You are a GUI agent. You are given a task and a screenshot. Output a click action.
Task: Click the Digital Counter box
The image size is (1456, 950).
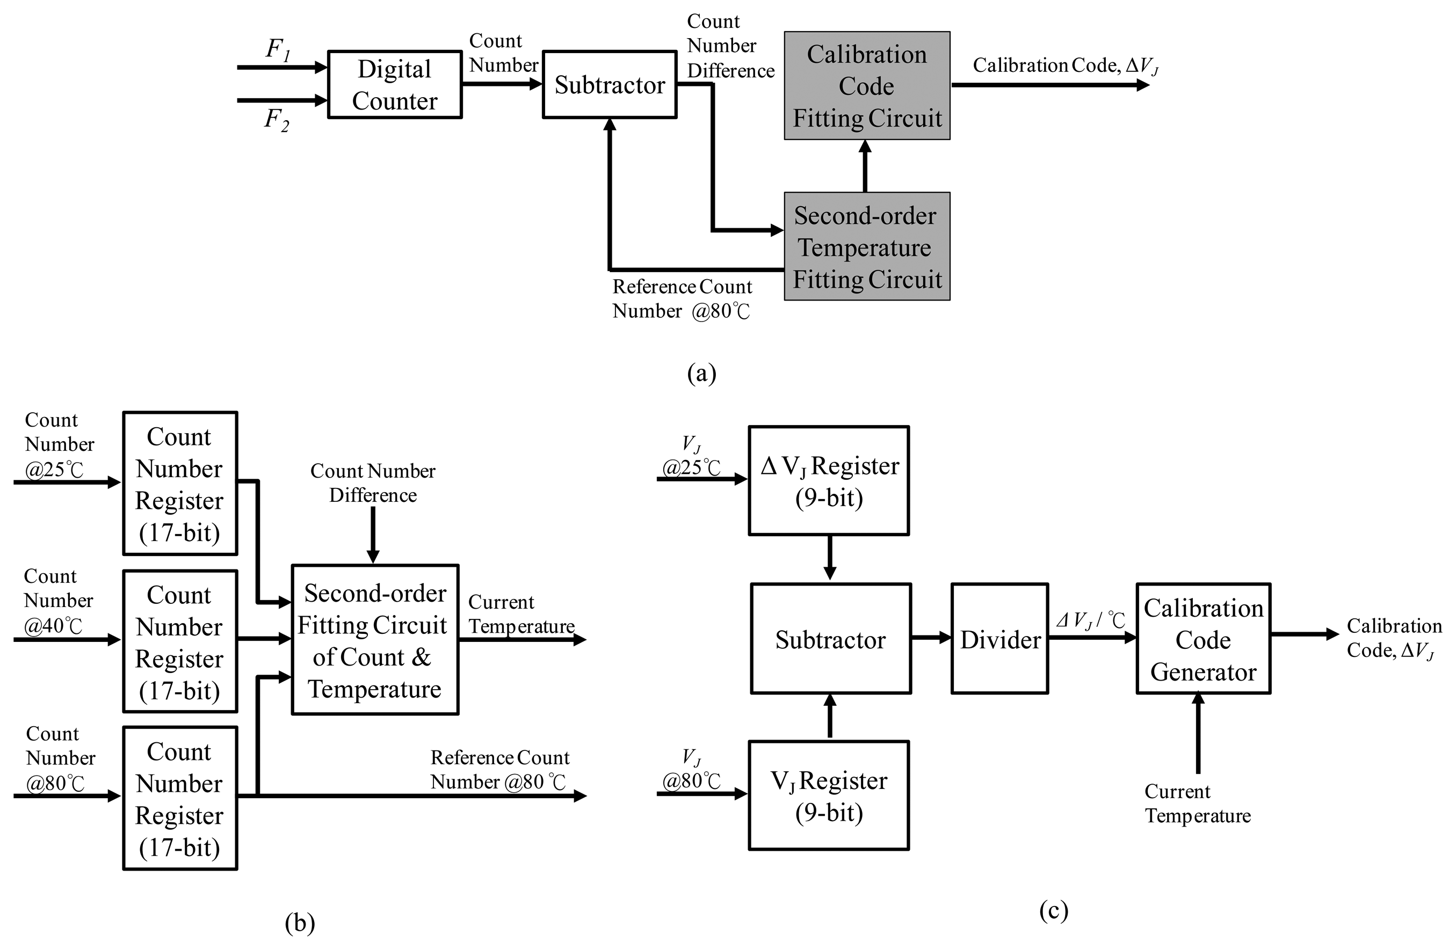[395, 84]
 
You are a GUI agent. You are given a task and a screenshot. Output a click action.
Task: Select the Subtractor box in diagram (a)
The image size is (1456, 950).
[610, 84]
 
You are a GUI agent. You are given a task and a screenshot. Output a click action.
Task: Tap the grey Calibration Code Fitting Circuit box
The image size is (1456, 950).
[867, 85]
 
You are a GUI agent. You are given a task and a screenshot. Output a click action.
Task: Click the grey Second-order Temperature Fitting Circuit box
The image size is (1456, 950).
[867, 246]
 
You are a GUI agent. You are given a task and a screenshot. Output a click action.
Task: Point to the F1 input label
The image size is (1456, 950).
[277, 49]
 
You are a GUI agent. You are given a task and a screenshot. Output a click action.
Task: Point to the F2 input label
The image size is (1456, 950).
[277, 119]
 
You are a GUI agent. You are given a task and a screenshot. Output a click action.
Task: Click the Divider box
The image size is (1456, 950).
[999, 639]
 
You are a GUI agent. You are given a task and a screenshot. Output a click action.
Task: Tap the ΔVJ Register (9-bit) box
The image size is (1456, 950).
[829, 480]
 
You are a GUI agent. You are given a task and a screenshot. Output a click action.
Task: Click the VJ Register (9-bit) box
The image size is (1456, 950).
[829, 795]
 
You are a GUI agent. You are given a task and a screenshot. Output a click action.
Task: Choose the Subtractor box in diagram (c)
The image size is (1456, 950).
[831, 639]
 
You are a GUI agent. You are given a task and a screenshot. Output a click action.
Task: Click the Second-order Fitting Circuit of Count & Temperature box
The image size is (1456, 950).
[375, 639]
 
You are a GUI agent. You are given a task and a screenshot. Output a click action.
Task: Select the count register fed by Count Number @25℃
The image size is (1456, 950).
[180, 484]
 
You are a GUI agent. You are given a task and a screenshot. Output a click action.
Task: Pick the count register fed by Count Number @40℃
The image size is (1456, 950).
[180, 642]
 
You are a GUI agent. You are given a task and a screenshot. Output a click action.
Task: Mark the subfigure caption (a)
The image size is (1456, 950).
[701, 373]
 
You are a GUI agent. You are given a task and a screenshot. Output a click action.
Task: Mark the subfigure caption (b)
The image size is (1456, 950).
[300, 923]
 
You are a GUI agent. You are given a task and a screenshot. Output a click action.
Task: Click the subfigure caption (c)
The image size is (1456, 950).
[1053, 910]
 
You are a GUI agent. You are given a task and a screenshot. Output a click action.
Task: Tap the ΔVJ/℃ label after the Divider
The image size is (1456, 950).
[1090, 620]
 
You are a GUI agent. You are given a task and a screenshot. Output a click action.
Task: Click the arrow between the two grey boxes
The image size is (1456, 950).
[865, 166]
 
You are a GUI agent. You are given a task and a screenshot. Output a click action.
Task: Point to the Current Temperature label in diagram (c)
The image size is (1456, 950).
[1197, 803]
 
